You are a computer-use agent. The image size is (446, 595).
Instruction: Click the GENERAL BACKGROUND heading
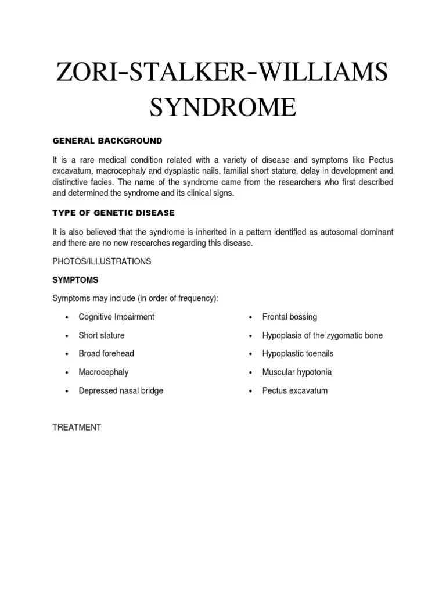tap(107, 141)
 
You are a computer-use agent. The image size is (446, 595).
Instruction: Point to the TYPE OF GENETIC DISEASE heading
tap(113, 213)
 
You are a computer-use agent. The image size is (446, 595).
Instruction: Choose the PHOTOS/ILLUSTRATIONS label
tap(102, 261)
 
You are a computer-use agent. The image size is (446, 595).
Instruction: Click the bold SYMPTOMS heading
tap(75, 280)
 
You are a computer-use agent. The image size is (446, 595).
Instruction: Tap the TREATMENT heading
tap(77, 427)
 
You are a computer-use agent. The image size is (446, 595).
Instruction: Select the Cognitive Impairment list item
tap(116, 317)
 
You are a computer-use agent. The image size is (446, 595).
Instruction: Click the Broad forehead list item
tap(106, 354)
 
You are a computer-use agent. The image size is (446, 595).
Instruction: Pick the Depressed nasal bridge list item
tap(121, 391)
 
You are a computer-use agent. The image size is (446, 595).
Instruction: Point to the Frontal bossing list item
tap(289, 317)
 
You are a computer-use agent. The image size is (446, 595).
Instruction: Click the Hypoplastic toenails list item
tap(297, 354)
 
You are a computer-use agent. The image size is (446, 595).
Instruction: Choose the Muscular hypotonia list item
tap(297, 372)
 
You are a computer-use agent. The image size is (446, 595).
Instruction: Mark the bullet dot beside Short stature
tap(67, 336)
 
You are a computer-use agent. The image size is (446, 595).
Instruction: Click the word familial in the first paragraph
tap(230, 171)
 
